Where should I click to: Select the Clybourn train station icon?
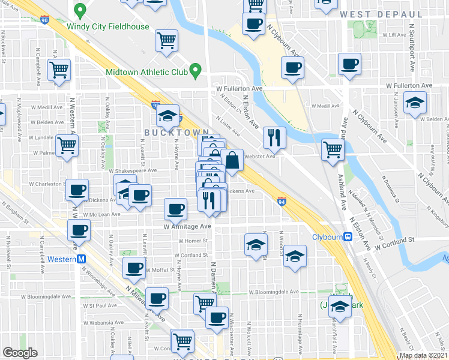tap(348, 237)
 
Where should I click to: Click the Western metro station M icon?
tap(81, 259)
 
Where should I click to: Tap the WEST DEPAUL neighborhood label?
tap(377, 14)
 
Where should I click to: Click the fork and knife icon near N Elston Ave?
tap(274, 137)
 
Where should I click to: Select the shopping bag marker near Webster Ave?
tap(232, 160)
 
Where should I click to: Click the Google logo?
tap(20, 353)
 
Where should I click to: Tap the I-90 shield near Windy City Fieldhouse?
tap(46, 19)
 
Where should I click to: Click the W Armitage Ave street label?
tap(187, 227)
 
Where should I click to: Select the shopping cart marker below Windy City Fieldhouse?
tap(166, 41)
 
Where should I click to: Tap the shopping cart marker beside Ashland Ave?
tap(332, 149)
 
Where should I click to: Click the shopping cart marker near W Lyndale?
tap(67, 145)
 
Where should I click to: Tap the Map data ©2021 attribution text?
tap(422, 355)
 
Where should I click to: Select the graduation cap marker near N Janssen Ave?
tap(414, 103)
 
